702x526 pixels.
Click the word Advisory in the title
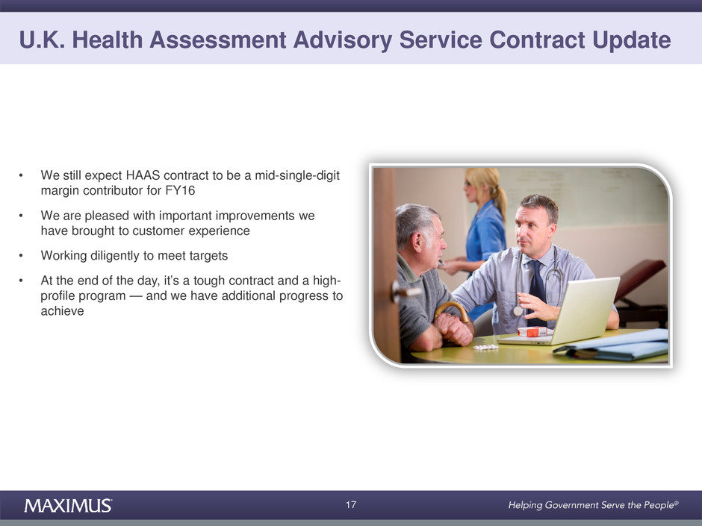343,40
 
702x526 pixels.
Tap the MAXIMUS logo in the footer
68,505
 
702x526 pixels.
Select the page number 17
351,505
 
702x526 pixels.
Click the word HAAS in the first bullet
143,175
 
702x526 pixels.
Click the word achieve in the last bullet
62,311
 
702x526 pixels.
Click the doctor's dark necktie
537,291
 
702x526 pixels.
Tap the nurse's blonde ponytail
498,197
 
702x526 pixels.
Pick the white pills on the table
485,347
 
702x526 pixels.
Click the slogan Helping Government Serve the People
593,505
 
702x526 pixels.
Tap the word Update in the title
632,40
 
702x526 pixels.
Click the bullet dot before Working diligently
21,256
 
